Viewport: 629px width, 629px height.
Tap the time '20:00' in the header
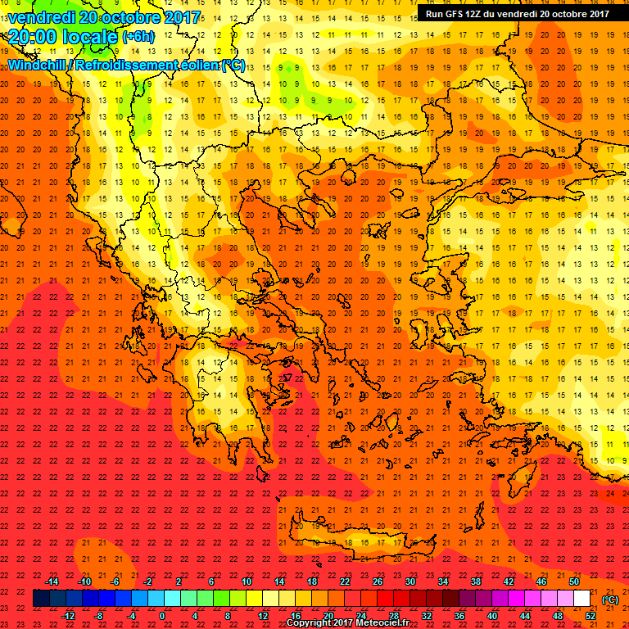pyautogui.click(x=33, y=35)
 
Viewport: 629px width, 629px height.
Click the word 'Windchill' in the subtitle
pyautogui.click(x=38, y=65)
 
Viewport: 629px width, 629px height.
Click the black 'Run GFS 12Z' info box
pyautogui.click(x=517, y=13)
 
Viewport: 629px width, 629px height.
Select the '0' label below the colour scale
pyautogui.click(x=162, y=615)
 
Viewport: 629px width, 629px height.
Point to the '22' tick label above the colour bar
pyautogui.click(x=345, y=581)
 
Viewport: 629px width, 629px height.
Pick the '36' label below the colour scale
pyautogui.click(x=459, y=615)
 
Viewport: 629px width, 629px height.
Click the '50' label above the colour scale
pyautogui.click(x=574, y=581)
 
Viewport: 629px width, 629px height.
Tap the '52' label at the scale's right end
pyautogui.click(x=591, y=615)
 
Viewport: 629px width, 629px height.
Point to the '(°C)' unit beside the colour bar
pyautogui.click(x=610, y=599)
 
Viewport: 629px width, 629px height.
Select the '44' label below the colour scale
pyautogui.click(x=525, y=615)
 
